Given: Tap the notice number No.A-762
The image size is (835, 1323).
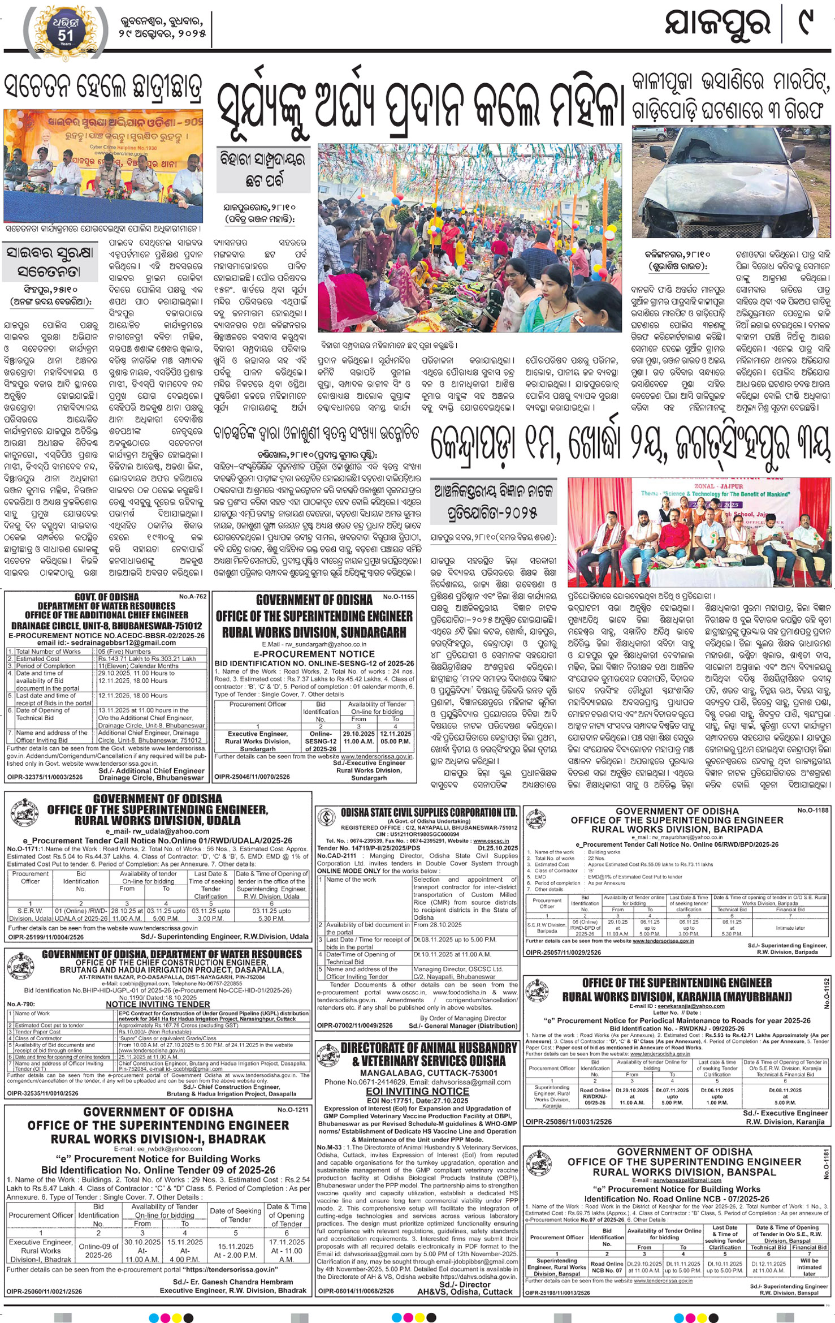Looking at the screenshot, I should pos(193,596).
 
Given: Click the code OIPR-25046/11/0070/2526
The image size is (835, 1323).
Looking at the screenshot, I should pos(252,777).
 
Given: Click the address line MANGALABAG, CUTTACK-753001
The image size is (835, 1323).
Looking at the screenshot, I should pos(421,1072).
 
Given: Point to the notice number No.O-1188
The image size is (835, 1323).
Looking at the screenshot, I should pos(813,811).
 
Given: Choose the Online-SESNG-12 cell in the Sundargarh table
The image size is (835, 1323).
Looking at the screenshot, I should pos(321,741).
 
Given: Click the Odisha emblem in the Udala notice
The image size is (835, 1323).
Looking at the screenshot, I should pos(23,810).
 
